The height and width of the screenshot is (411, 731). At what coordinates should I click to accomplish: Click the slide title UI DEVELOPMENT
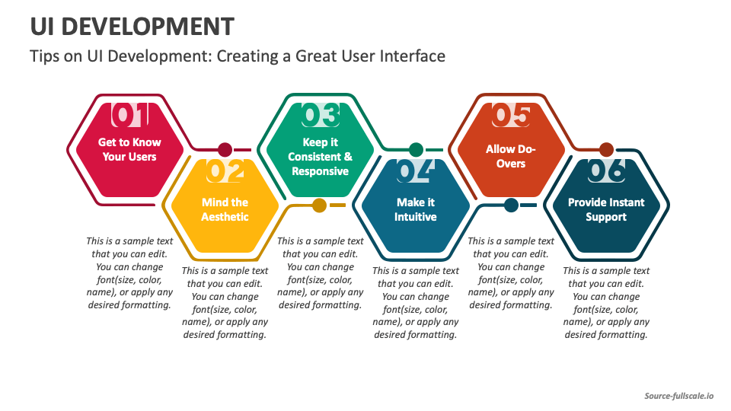[132, 26]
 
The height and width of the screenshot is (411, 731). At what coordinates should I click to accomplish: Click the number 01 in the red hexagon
[130, 116]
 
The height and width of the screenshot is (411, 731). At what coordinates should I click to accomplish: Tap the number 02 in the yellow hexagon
[225, 172]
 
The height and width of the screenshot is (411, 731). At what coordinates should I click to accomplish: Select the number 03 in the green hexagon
[321, 116]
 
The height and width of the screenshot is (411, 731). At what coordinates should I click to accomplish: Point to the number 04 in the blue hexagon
[416, 172]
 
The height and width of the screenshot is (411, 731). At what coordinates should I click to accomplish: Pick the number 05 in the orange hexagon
[511, 116]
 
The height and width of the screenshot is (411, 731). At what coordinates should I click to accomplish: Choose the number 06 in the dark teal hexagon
[606, 172]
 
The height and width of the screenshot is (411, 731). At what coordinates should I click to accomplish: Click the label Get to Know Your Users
[129, 149]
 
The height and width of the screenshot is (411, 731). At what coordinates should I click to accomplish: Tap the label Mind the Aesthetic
[225, 209]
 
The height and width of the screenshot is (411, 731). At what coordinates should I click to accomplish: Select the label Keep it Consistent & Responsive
[320, 157]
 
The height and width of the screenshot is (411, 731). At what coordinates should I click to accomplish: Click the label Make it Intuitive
[415, 209]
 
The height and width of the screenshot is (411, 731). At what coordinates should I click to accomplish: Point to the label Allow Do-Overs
[511, 156]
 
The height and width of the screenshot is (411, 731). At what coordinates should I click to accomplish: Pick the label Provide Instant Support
[606, 209]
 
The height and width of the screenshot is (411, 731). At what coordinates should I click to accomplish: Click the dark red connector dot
[225, 149]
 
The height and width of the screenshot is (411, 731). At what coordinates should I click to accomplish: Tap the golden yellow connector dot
[320, 205]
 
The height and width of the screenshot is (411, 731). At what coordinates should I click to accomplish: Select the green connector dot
[416, 149]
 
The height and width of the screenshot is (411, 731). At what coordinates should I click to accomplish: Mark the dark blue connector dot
[511, 205]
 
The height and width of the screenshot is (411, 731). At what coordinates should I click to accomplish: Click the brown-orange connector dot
[606, 149]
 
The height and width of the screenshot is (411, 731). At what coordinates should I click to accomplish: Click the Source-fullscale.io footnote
[679, 396]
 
